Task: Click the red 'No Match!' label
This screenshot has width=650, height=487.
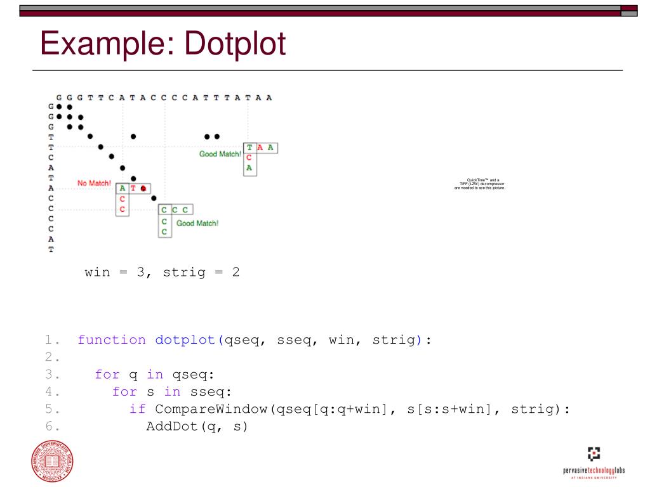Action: (94, 183)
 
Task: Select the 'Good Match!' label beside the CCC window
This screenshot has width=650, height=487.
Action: (197, 223)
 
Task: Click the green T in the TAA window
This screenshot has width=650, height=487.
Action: (249, 147)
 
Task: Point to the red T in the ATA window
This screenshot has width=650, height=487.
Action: (133, 188)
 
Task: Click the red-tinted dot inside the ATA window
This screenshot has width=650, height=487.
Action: (144, 188)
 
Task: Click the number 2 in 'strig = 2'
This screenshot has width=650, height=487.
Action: (235, 274)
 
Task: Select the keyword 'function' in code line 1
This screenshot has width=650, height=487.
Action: (112, 340)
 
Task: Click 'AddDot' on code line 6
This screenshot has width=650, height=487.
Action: (172, 426)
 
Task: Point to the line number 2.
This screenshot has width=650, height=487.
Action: (52, 357)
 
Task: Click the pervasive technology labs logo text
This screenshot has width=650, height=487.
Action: (594, 471)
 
